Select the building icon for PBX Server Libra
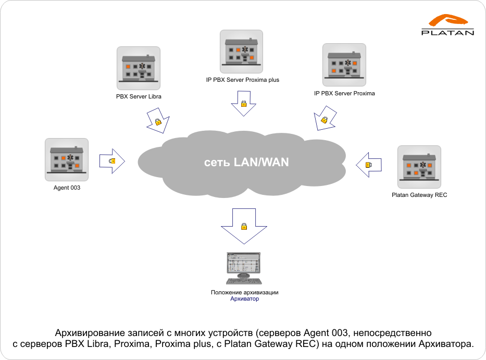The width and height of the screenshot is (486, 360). click(x=139, y=68)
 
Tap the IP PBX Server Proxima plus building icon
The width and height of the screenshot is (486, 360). click(x=242, y=52)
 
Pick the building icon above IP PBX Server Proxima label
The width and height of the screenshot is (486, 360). click(x=344, y=65)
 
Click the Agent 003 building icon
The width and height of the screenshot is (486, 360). click(x=67, y=160)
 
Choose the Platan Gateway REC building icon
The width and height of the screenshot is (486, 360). click(x=419, y=167)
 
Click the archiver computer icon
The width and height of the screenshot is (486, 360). click(x=244, y=268)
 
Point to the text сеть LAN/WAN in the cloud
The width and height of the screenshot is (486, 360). click(x=246, y=162)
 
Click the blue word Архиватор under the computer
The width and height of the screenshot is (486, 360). click(x=244, y=299)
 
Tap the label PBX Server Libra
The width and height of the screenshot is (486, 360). click(x=139, y=96)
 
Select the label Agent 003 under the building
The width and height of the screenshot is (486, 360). click(x=67, y=188)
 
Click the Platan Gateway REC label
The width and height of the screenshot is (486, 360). click(x=419, y=195)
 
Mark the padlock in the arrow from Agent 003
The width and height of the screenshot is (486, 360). click(x=112, y=161)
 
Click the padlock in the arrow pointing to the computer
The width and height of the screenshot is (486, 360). click(x=244, y=226)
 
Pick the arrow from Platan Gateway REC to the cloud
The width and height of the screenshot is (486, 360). click(x=368, y=165)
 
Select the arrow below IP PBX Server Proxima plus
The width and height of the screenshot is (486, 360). click(x=244, y=103)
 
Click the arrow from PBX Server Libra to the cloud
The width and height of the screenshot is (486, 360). click(x=158, y=121)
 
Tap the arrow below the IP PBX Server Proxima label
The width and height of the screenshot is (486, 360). click(x=325, y=118)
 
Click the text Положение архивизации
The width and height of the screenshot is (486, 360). click(x=244, y=292)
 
